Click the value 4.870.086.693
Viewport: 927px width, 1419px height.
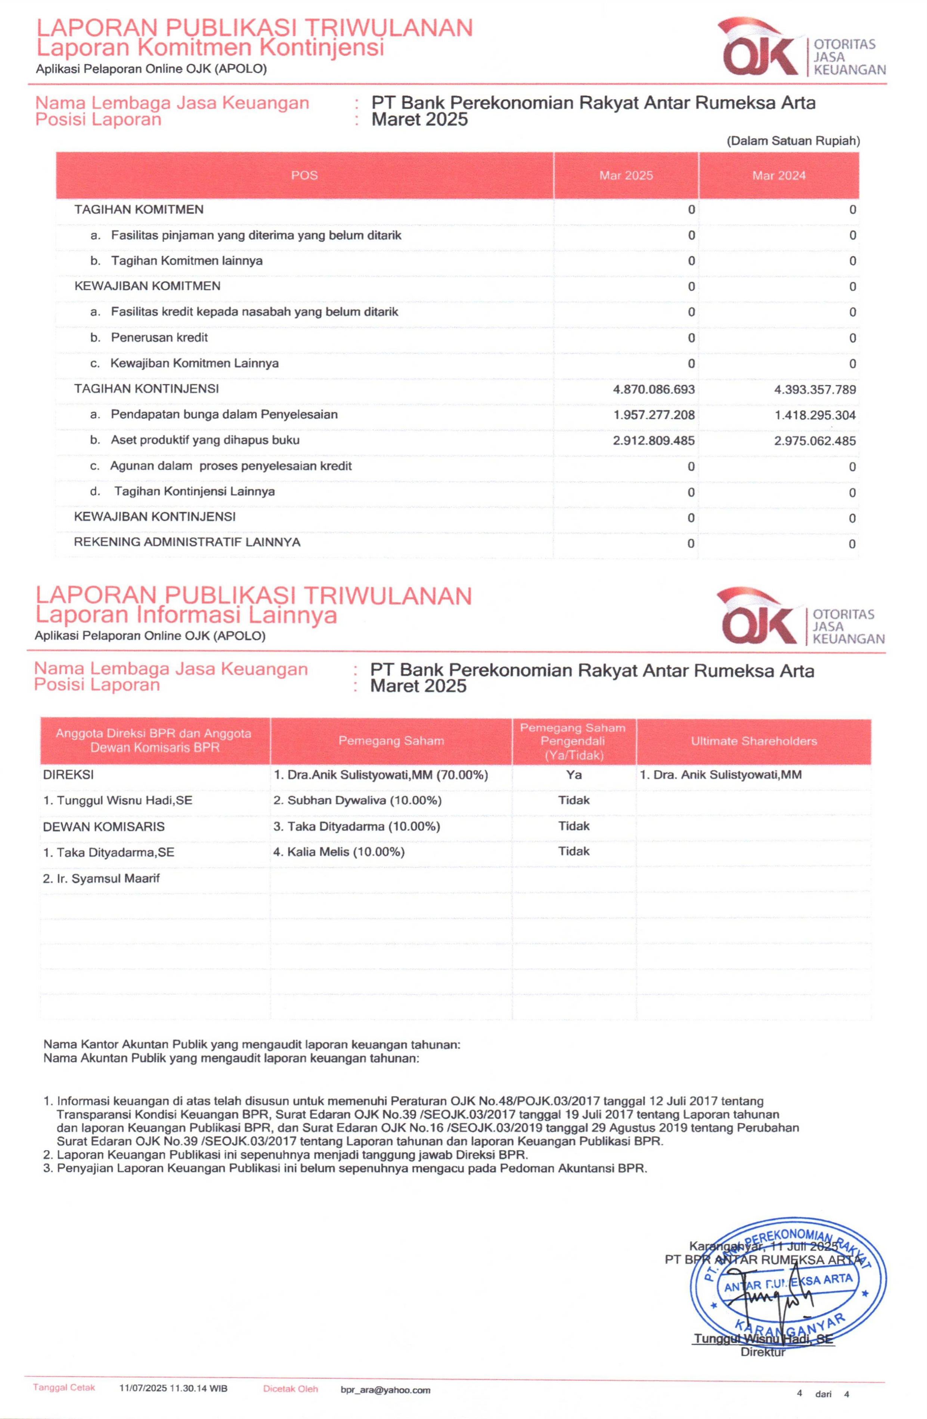tap(654, 389)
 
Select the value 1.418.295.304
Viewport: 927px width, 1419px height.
tap(815, 415)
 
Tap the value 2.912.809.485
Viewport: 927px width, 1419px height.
tap(654, 441)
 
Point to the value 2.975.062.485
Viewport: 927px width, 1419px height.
tap(815, 441)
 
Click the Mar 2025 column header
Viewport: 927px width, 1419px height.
tap(626, 175)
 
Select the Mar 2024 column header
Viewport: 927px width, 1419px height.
tap(778, 175)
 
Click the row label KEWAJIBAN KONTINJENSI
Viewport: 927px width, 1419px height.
tap(155, 516)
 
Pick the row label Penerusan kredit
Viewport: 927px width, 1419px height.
tap(159, 337)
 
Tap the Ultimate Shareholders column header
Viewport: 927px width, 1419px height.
tap(753, 741)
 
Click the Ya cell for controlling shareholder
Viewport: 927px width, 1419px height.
tap(574, 775)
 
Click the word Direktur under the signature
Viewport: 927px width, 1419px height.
tap(762, 1352)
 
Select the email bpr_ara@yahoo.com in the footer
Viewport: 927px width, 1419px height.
tap(385, 1390)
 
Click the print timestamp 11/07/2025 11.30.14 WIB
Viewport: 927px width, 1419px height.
tap(173, 1389)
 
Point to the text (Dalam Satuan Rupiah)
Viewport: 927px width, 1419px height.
tap(793, 141)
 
